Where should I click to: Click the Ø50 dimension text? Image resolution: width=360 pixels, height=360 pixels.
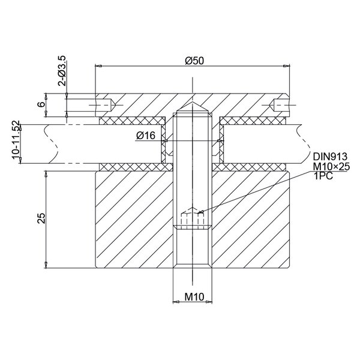(x=194, y=59)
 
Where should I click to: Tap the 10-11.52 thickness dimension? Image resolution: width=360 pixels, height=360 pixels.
(x=16, y=142)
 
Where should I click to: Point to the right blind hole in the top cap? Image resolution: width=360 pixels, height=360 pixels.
(x=281, y=107)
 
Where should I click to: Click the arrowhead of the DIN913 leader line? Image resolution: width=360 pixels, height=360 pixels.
(x=200, y=211)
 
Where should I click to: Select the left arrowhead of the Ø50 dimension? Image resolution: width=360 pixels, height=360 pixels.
(x=98, y=65)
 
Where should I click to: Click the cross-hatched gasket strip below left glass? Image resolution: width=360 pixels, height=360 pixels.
(x=130, y=166)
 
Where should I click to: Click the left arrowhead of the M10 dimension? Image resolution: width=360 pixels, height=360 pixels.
(x=175, y=302)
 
